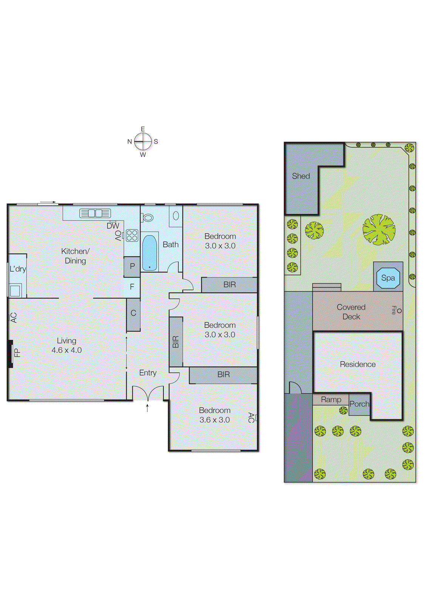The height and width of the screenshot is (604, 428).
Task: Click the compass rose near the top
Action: (143, 142)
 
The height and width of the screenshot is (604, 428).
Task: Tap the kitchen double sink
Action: (95, 213)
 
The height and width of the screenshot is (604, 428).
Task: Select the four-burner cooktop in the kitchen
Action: (132, 236)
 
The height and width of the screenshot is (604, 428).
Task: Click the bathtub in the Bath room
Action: (150, 253)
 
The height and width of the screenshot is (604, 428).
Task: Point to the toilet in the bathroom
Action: (148, 218)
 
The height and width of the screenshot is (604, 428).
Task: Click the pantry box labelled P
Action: (132, 267)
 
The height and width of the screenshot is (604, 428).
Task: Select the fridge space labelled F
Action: (132, 287)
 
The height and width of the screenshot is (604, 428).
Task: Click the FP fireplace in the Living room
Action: (11, 353)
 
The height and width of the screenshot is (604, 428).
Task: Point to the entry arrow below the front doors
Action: (147, 407)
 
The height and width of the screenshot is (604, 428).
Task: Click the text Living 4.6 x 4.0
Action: (66, 345)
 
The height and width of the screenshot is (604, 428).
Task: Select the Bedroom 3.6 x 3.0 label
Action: (215, 415)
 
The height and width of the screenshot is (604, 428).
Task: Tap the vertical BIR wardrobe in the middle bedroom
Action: (176, 342)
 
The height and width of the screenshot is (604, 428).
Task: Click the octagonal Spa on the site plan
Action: (388, 278)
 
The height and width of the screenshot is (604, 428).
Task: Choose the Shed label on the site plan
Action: (301, 176)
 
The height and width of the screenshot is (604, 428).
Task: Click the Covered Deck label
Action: (351, 312)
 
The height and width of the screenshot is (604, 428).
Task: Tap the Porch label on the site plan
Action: (359, 404)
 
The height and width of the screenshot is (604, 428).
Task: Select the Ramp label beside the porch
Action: (331, 399)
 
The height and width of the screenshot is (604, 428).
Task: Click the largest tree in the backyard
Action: (379, 230)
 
